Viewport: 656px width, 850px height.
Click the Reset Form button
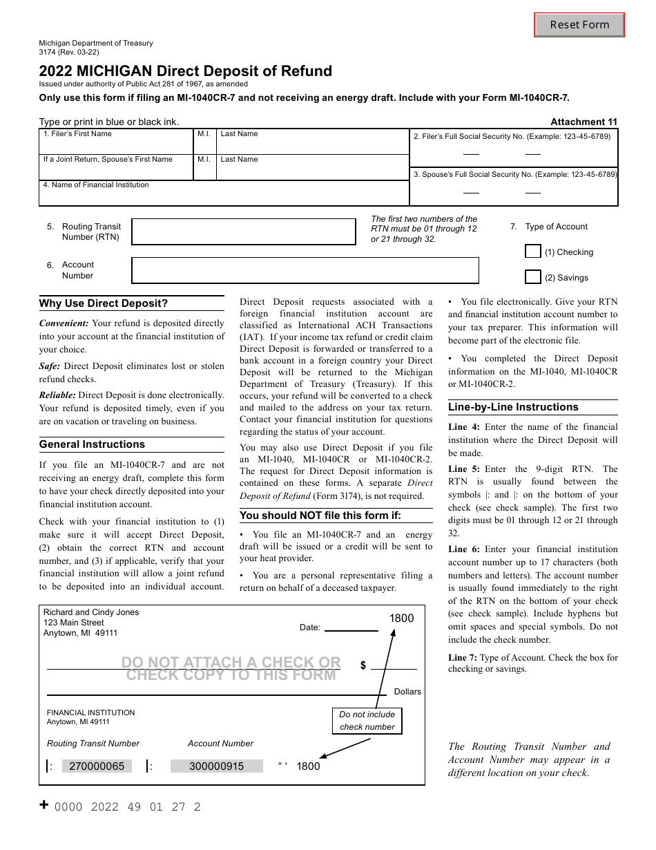(579, 25)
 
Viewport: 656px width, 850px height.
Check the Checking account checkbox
(532, 252)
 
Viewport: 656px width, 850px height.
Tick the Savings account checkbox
(532, 277)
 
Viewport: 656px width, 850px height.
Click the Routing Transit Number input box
(244, 232)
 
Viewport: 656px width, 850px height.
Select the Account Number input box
(305, 270)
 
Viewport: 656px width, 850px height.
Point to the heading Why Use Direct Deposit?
(104, 303)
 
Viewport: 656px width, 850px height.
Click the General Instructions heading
(92, 444)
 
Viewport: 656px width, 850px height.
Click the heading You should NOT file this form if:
(320, 516)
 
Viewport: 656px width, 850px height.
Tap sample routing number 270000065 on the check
(97, 766)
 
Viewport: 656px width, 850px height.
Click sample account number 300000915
(216, 766)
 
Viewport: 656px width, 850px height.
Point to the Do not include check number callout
(367, 721)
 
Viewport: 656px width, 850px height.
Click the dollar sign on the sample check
(363, 665)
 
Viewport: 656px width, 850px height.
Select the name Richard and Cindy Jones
(91, 612)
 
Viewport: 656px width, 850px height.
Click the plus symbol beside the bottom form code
(44, 805)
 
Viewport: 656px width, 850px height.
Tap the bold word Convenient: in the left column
(64, 323)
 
